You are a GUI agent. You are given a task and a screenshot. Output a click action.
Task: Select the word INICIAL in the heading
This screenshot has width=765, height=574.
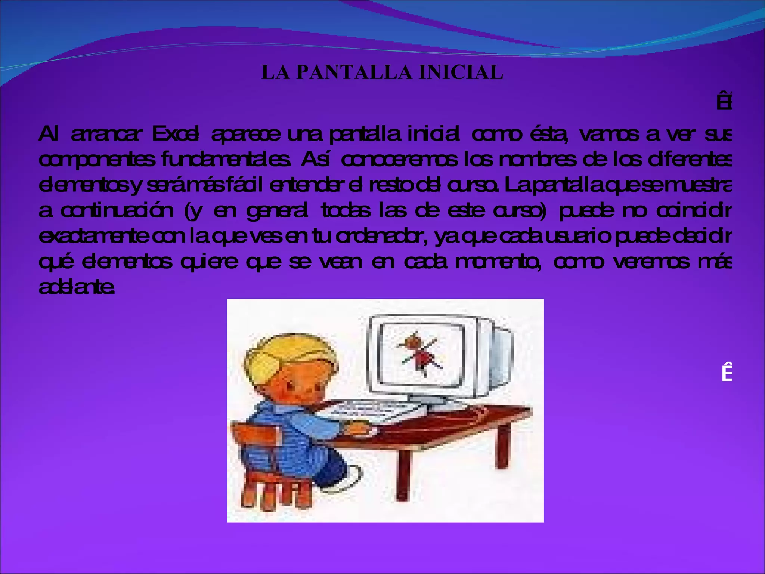(x=461, y=72)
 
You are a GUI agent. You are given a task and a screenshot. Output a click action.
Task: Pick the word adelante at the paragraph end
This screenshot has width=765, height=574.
(x=76, y=287)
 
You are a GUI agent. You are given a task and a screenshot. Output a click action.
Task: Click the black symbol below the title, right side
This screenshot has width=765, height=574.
(x=724, y=103)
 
